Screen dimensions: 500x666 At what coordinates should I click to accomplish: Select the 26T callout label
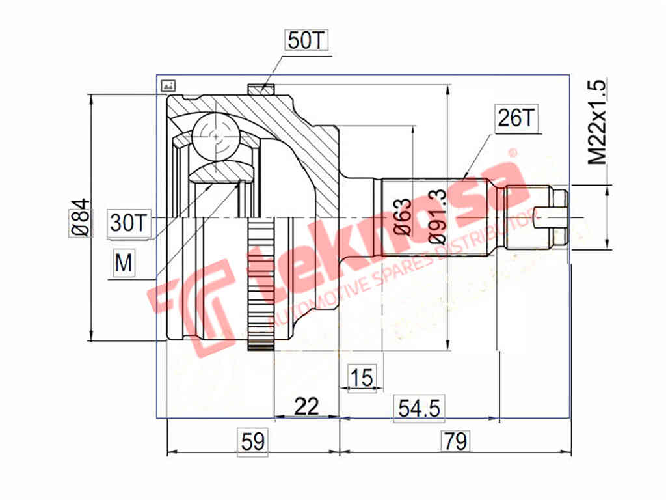(516, 118)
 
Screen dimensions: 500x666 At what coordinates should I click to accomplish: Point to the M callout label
(123, 263)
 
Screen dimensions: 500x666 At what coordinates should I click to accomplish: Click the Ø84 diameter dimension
(79, 217)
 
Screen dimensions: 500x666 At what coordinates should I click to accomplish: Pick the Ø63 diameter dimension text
(403, 217)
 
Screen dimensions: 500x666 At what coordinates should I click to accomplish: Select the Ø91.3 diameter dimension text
(437, 217)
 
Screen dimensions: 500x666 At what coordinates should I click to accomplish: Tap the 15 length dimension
(362, 377)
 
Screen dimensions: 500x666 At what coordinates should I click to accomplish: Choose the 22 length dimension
(306, 406)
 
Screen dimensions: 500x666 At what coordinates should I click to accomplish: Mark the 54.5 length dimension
(419, 408)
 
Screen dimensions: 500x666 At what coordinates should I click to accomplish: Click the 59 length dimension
(252, 441)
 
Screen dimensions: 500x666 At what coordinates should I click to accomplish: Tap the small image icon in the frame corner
(168, 85)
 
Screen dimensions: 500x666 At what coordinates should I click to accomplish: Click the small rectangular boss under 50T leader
(261, 90)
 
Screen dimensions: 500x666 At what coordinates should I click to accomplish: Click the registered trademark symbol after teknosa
(512, 154)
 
